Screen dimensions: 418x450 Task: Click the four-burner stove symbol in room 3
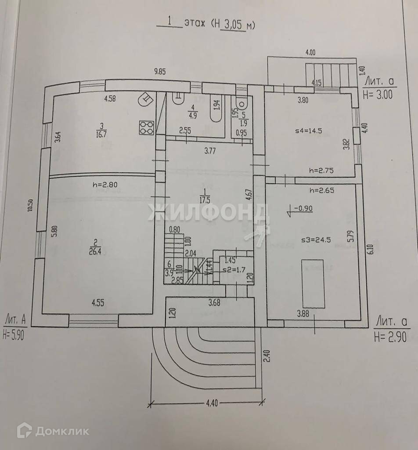click(x=146, y=127)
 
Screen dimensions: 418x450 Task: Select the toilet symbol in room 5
click(x=242, y=104)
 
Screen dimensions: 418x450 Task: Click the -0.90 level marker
click(x=303, y=209)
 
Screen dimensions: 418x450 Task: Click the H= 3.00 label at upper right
click(x=377, y=94)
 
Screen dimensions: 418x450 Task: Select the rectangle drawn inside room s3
click(x=313, y=283)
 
